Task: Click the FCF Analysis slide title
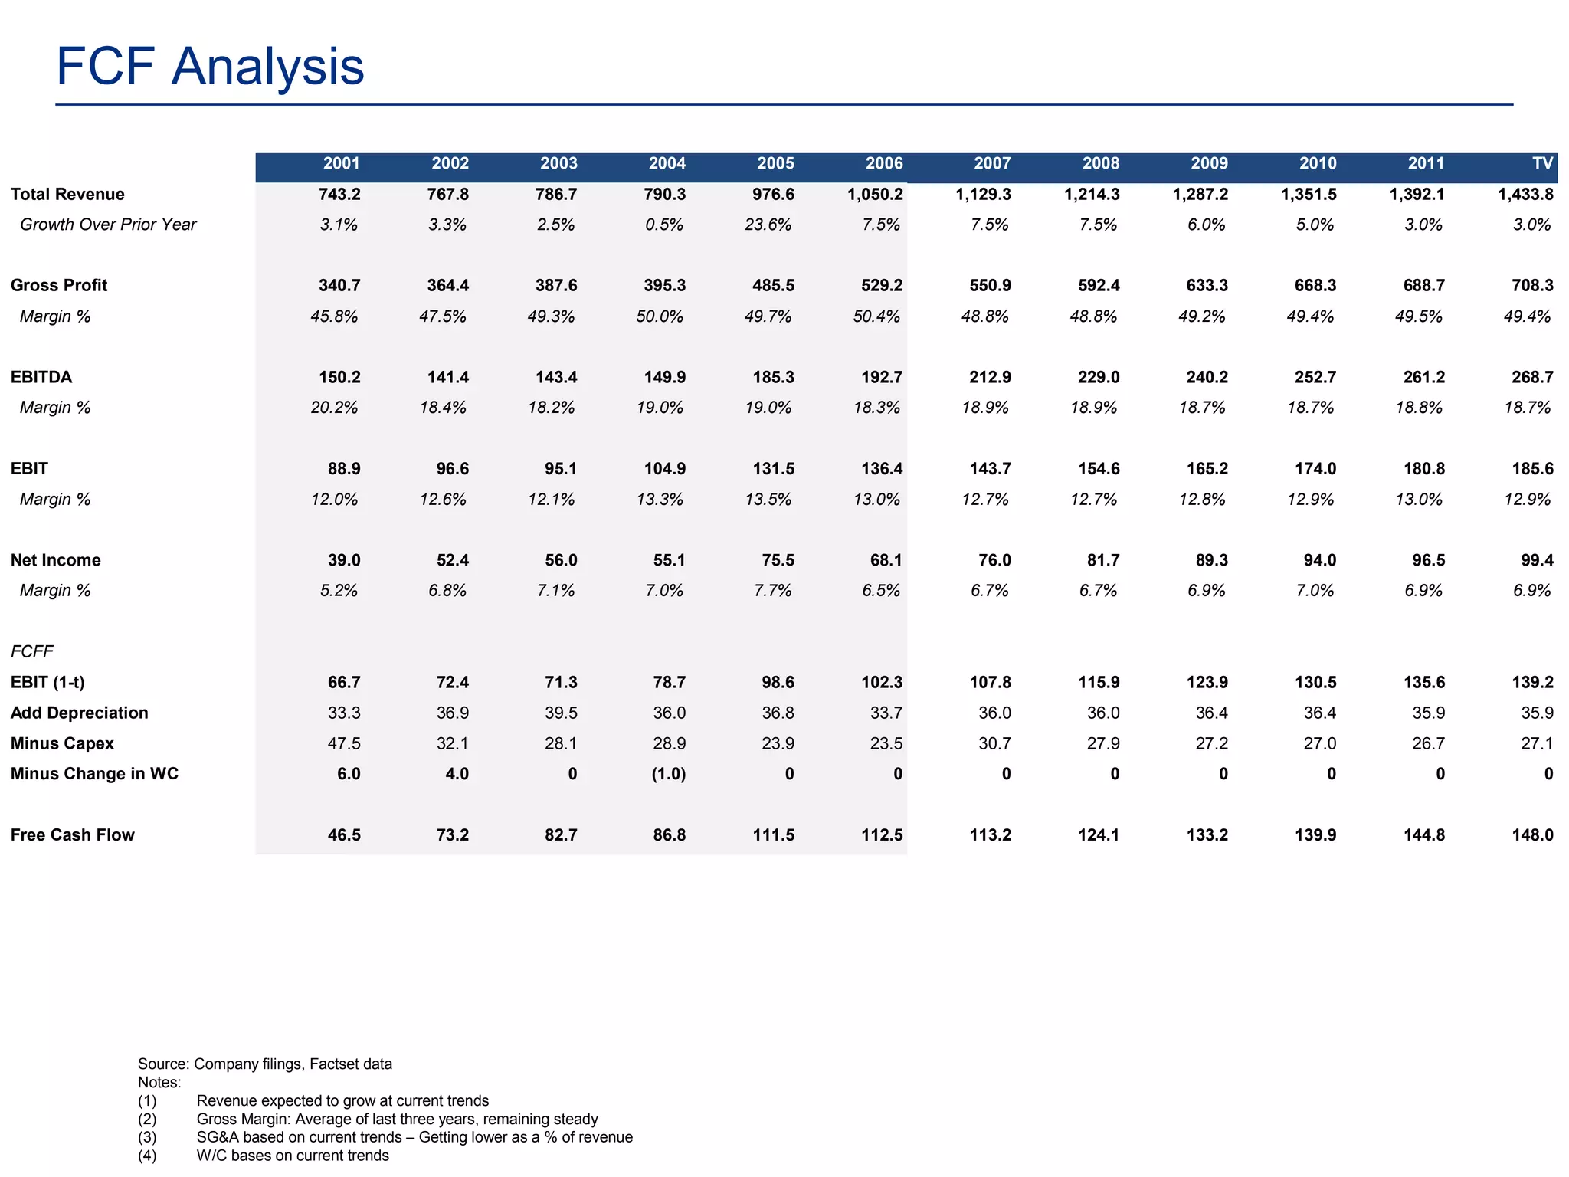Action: pyautogui.click(x=210, y=67)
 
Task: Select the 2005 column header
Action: pyautogui.click(x=775, y=163)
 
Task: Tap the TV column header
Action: pyautogui.click(x=1542, y=163)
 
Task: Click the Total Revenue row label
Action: pyautogui.click(x=67, y=194)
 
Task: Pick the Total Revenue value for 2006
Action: pyautogui.click(x=875, y=194)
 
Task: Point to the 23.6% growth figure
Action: pyautogui.click(x=768, y=225)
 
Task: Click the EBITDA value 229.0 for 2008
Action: pyautogui.click(x=1099, y=377)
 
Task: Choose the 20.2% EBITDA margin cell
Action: pyautogui.click(x=334, y=408)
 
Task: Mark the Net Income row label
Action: pyautogui.click(x=55, y=560)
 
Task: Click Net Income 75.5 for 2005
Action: pyautogui.click(x=778, y=560)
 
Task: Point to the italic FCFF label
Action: pyautogui.click(x=32, y=651)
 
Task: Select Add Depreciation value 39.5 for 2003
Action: pyautogui.click(x=561, y=713)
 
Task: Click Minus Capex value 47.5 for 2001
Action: pyautogui.click(x=344, y=743)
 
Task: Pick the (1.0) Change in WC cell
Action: pyautogui.click(x=668, y=774)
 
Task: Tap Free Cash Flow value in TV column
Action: pyautogui.click(x=1532, y=834)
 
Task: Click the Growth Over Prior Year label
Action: pyautogui.click(x=108, y=225)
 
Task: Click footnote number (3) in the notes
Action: pyautogui.click(x=147, y=1137)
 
